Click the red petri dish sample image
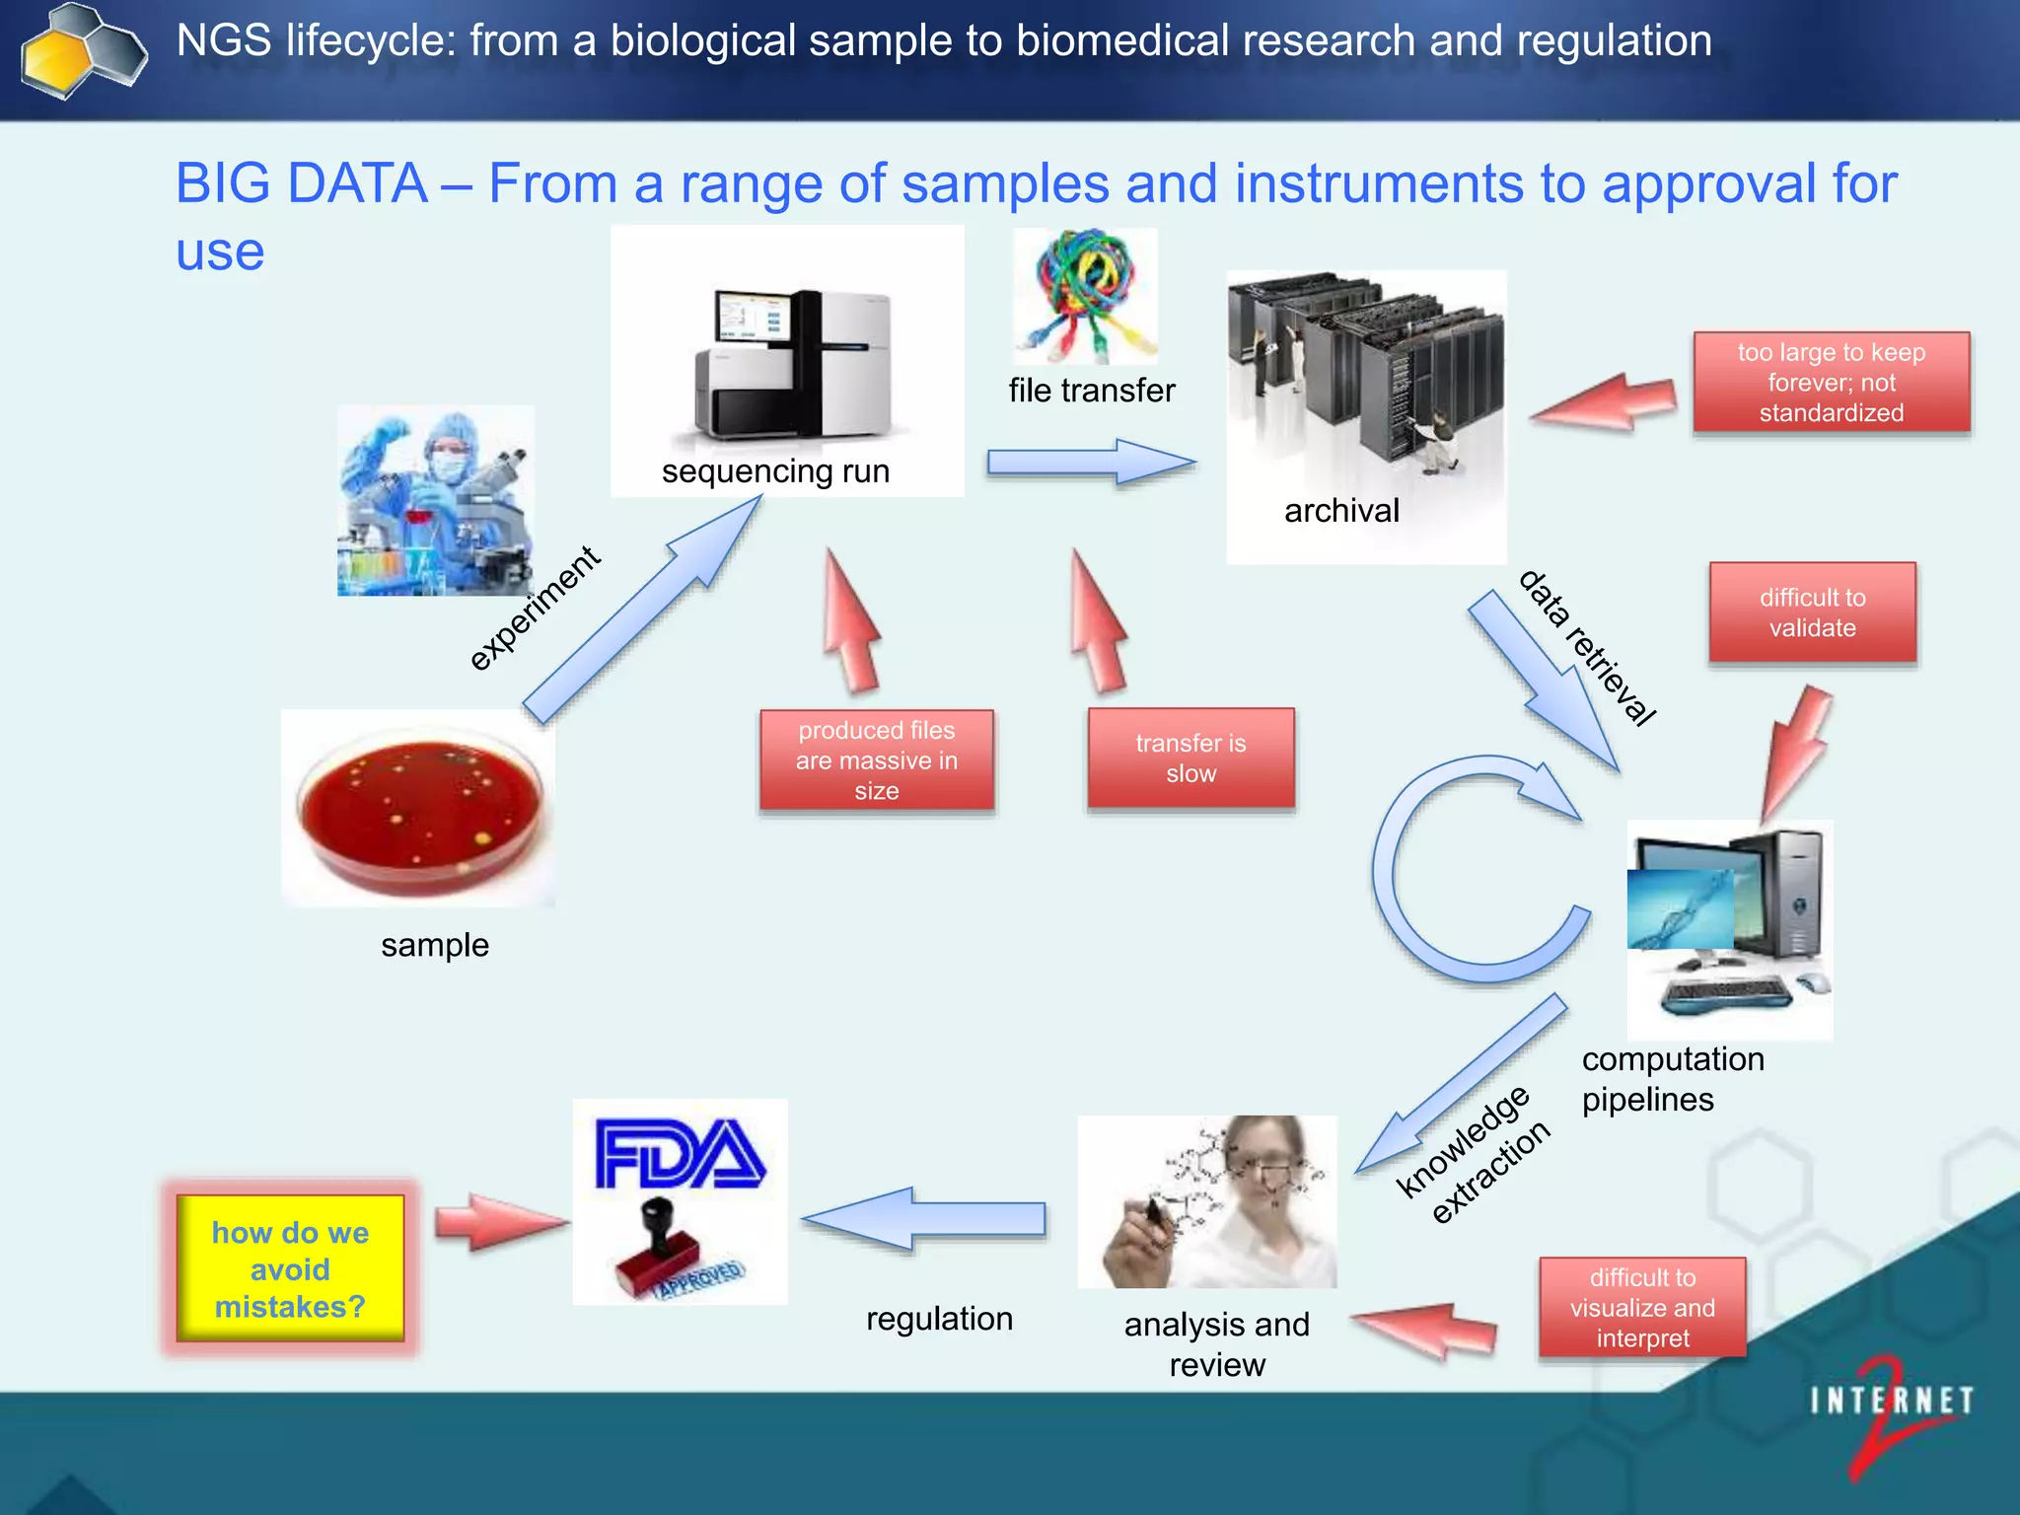coord(419,807)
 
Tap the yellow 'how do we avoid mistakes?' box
coord(290,1268)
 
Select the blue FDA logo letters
coord(680,1153)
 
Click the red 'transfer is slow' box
coord(1190,758)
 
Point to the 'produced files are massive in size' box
coord(877,760)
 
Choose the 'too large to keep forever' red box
coord(1831,383)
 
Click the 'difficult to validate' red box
coord(1812,613)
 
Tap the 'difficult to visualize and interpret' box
coord(1642,1308)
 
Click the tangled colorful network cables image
coord(1086,294)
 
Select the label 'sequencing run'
coord(775,471)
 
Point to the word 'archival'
coord(1341,511)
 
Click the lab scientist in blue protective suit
coord(436,500)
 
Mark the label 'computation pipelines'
coord(1671,1079)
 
